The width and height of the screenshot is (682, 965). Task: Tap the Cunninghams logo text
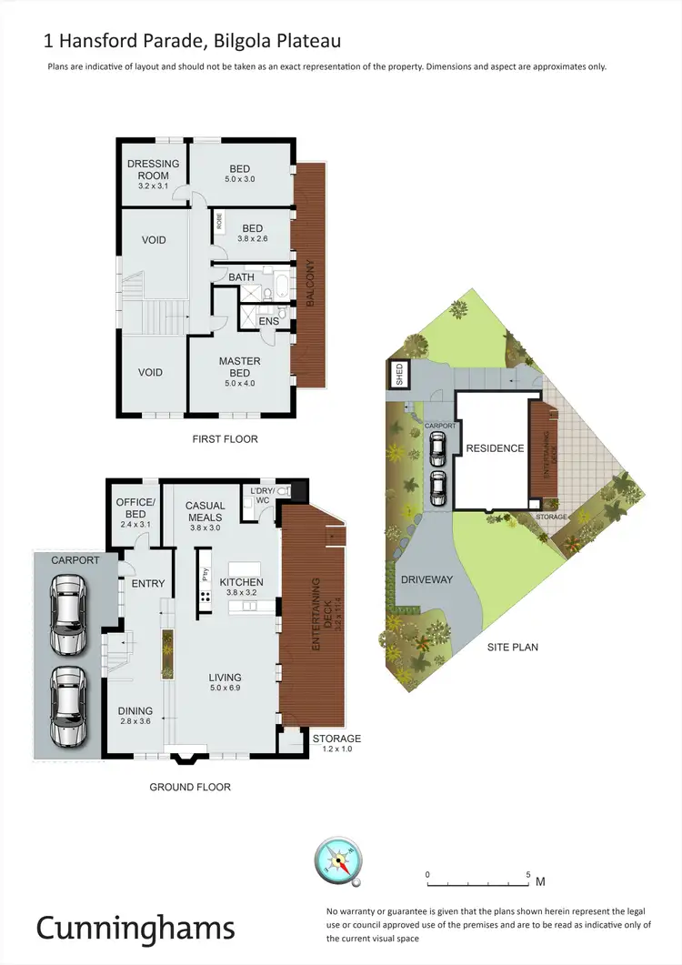pyautogui.click(x=135, y=927)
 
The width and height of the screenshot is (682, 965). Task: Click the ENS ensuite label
pyautogui.click(x=268, y=321)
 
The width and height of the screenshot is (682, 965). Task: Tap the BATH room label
pyautogui.click(x=241, y=276)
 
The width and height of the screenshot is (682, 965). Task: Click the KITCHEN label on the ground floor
pyautogui.click(x=241, y=582)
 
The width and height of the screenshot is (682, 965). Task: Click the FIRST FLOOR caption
pyautogui.click(x=225, y=439)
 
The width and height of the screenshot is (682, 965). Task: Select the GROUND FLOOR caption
pyautogui.click(x=190, y=787)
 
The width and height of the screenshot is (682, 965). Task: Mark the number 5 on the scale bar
pyautogui.click(x=528, y=874)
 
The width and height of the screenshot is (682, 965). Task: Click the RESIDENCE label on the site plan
pyautogui.click(x=495, y=448)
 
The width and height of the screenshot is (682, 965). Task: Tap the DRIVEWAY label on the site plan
pyautogui.click(x=426, y=578)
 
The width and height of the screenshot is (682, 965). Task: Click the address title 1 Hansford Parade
pyautogui.click(x=193, y=41)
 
